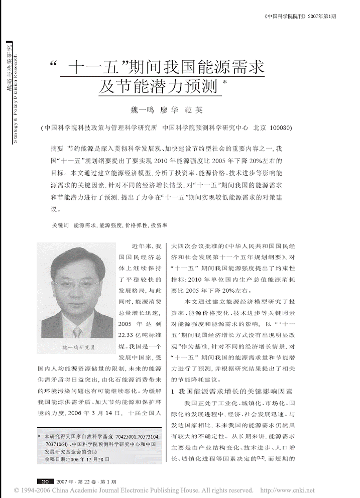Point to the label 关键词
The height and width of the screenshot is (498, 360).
tap(57, 226)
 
